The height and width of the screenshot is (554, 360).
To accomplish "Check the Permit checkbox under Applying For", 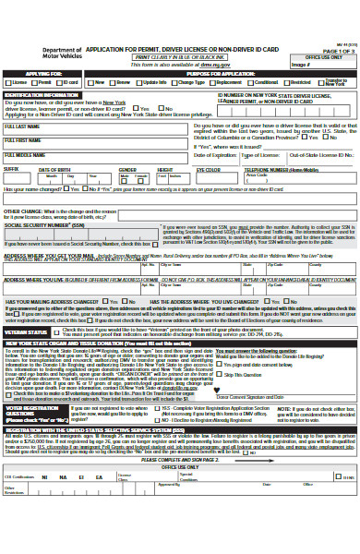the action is point(33,81).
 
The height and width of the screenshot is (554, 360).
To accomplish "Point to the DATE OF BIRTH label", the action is point(54,169).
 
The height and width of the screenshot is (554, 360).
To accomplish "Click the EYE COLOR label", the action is point(208,169).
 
